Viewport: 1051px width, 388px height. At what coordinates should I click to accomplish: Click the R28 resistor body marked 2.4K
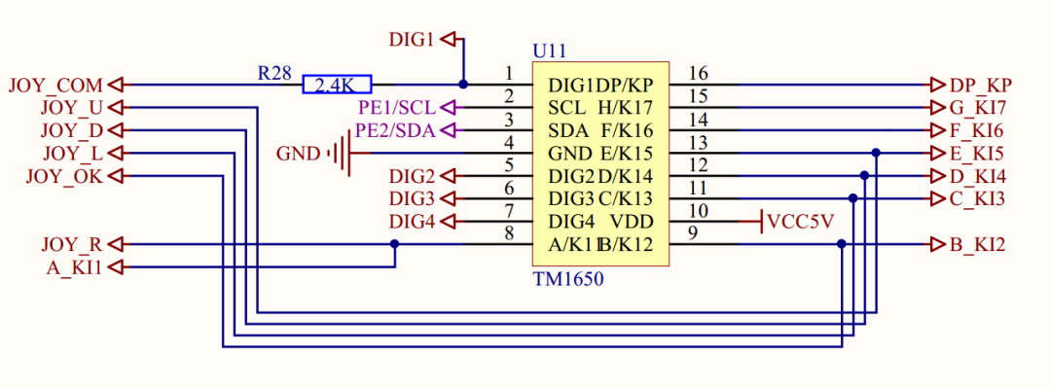(337, 85)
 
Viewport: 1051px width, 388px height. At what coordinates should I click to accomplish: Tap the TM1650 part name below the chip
(568, 279)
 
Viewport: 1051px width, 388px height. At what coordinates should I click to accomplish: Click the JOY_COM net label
(55, 86)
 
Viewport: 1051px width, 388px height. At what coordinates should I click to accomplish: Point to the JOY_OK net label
(64, 176)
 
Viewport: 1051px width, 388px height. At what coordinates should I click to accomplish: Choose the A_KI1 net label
(74, 267)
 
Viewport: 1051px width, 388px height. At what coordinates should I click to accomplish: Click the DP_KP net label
(980, 86)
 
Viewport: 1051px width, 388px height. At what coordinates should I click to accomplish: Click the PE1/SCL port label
(396, 107)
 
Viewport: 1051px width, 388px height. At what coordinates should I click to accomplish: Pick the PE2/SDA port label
(395, 130)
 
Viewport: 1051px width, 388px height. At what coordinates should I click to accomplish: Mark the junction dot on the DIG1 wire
(462, 85)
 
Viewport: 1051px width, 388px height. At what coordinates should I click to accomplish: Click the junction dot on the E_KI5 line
(876, 153)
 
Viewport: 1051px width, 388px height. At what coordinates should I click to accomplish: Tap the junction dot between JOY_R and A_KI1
(394, 244)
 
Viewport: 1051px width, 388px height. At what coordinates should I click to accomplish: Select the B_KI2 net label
(977, 245)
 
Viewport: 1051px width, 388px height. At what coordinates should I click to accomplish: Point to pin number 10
(699, 210)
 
